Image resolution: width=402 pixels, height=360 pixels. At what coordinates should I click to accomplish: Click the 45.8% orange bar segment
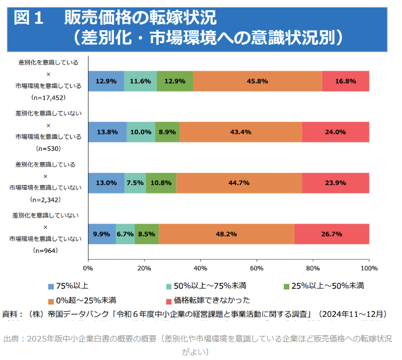point(257,81)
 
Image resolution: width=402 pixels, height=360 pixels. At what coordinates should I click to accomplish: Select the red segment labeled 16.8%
point(345,81)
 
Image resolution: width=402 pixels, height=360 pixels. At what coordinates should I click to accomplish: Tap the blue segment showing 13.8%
point(107,132)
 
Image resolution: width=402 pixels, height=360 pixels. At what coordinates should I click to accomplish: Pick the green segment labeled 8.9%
point(167,132)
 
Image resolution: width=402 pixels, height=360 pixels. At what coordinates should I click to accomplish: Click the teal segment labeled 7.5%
point(135,183)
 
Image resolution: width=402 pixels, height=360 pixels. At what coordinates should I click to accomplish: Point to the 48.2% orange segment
point(226,234)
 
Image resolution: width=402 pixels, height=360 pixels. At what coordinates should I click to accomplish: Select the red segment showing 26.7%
point(331,234)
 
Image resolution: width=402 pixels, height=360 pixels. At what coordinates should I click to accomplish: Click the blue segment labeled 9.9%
point(101,234)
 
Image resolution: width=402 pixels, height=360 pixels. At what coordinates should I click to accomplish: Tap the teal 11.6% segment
point(140,81)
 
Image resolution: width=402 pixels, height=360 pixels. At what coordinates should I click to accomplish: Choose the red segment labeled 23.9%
point(335,183)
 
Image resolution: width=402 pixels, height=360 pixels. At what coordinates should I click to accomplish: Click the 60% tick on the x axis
point(257,268)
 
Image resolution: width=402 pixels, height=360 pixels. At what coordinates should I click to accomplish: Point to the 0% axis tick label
point(88,268)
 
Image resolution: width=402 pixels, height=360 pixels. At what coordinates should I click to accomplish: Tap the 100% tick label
point(368,268)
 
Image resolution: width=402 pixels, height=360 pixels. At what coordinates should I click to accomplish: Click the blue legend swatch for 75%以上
point(51,285)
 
